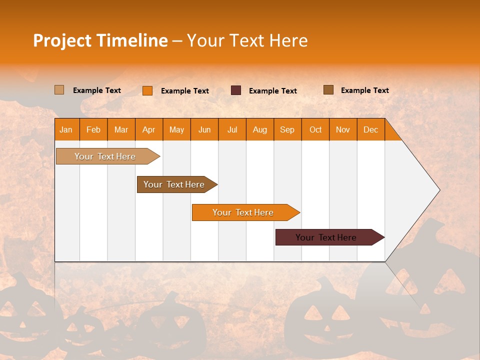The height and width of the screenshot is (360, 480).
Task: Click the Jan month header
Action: point(66,129)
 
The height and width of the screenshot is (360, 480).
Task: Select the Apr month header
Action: point(148,129)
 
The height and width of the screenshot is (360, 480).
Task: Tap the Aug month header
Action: point(259,129)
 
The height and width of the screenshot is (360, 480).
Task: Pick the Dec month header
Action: point(370,129)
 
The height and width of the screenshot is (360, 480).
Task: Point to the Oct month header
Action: point(315,129)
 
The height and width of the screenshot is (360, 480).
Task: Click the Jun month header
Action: point(204,129)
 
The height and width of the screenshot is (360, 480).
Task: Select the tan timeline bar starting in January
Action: point(105,156)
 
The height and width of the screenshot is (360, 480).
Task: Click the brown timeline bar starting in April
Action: point(174,184)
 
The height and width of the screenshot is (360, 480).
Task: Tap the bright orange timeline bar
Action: point(243,212)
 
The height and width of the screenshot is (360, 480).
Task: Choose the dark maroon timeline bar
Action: point(326,237)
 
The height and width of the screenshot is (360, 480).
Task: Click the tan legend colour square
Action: point(59,90)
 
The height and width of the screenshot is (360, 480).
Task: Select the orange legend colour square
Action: point(147,90)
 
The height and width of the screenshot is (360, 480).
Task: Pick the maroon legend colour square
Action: point(236,90)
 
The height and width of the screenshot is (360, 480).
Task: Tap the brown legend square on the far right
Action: point(328,90)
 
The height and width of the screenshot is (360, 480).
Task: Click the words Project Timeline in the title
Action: point(100,40)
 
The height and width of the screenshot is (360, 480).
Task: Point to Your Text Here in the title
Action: point(247,40)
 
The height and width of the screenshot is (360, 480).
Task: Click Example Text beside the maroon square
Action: point(272,91)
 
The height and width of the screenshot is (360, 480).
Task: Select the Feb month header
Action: point(93,129)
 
